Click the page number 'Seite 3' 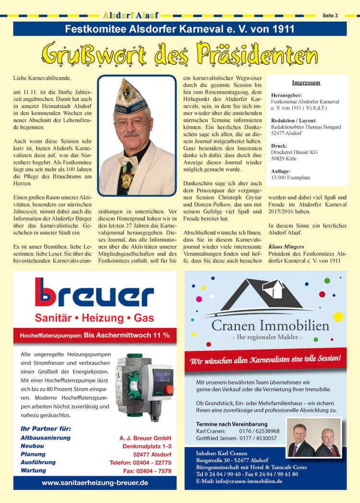pyautogui.click(x=330, y=15)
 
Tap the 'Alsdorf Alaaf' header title pyautogui.click(x=131, y=15)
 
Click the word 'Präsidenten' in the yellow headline pyautogui.click(x=258, y=54)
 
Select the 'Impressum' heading pyautogui.click(x=306, y=83)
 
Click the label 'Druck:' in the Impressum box pyautogui.click(x=279, y=145)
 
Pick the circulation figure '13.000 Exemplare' pyautogui.click(x=290, y=177)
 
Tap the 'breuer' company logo pyautogui.click(x=94, y=292)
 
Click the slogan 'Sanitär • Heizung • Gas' pyautogui.click(x=94, y=318)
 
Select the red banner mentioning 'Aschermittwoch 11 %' pyautogui.click(x=95, y=335)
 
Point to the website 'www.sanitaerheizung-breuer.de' pyautogui.click(x=95, y=482)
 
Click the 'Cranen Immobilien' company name pyautogui.click(x=270, y=326)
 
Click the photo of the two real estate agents pyautogui.click(x=314, y=438)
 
